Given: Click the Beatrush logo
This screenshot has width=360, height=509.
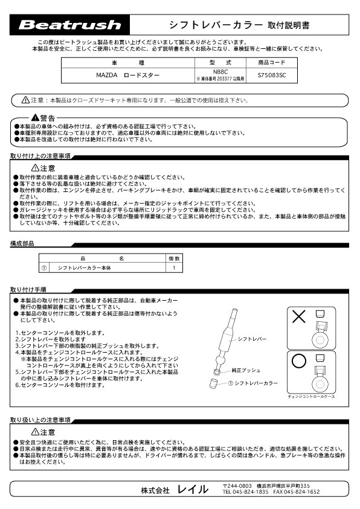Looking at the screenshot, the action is pos(70,25).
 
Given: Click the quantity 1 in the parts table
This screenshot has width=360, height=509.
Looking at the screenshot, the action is pos(173,267).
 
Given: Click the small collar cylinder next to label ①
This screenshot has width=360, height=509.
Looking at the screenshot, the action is pos(214,383).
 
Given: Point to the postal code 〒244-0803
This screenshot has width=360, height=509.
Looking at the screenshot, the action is pos(237,485).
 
